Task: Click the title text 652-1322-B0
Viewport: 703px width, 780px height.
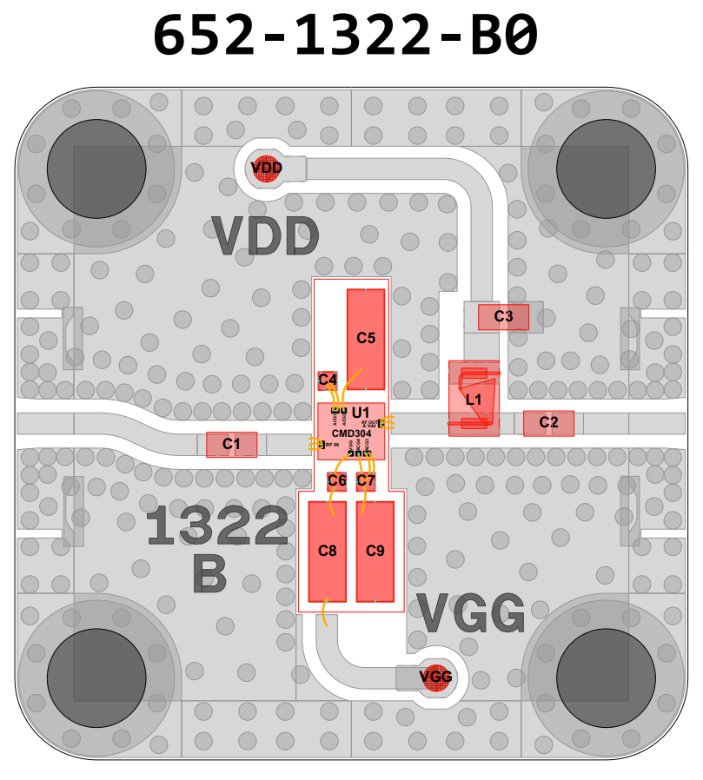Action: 346,36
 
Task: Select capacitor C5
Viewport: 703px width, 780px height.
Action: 366,339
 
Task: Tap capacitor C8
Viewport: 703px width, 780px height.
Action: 328,551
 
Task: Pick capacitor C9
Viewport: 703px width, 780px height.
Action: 375,551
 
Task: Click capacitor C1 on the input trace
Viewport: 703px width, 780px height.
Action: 231,445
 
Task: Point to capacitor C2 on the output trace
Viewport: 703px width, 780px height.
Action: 548,423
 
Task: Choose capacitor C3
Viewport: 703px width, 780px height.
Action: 503,317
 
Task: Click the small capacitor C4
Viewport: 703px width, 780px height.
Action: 328,380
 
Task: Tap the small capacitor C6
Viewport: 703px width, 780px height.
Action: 337,480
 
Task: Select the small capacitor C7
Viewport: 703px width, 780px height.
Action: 366,480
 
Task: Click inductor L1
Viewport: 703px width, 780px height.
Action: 474,399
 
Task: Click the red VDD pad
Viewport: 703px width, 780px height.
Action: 267,168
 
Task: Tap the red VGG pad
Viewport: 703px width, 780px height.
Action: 435,677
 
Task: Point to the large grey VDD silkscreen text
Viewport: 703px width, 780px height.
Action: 266,236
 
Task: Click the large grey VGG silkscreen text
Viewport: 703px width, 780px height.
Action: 470,614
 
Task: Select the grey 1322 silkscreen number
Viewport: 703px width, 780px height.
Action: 216,526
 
